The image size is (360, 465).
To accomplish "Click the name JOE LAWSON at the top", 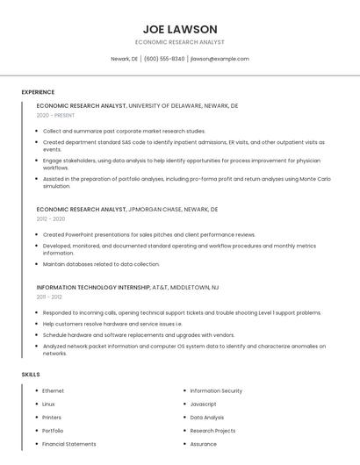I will click(x=180, y=29).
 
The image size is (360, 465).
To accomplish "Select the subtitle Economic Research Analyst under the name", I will click(x=180, y=42).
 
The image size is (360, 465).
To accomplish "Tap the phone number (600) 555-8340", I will click(x=164, y=59).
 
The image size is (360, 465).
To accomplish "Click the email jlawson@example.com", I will click(x=220, y=59).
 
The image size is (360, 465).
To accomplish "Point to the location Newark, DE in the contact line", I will click(x=124, y=59).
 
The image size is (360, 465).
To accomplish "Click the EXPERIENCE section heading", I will click(x=38, y=92).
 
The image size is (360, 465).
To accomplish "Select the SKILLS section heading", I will click(x=31, y=375).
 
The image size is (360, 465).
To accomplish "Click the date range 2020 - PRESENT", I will click(x=56, y=115).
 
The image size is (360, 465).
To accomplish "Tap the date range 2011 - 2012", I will click(x=48, y=297).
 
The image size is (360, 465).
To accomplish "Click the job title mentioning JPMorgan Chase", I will click(x=127, y=210).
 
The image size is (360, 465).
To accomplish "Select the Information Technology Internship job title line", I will click(x=127, y=287).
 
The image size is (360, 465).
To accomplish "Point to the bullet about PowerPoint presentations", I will click(x=149, y=235).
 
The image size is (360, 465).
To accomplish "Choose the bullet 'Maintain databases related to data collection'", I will click(x=101, y=263).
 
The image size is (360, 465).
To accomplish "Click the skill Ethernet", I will click(x=53, y=390).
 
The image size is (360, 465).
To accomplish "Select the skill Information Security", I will click(x=216, y=390).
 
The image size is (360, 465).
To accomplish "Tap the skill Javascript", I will click(x=203, y=404).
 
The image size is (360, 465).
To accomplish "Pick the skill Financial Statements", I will click(x=69, y=444).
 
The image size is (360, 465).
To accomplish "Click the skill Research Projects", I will click(x=212, y=431).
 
